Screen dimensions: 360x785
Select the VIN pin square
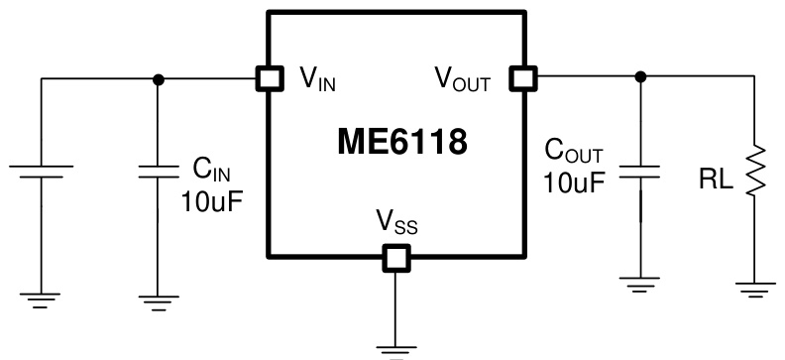(266, 78)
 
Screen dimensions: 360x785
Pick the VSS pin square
(395, 259)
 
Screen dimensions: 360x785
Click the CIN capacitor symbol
(157, 172)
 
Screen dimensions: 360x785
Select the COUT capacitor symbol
(640, 170)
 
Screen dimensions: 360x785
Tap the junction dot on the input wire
(157, 78)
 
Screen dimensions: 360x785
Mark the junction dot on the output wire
(640, 76)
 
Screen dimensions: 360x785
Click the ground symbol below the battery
(42, 298)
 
